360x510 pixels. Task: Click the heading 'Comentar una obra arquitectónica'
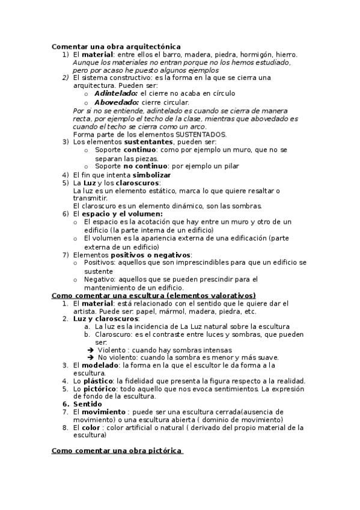(x=116, y=46)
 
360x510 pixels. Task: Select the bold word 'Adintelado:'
(x=115, y=94)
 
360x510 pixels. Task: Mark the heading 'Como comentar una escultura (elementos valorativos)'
(x=154, y=295)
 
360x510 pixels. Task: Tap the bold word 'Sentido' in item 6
(x=87, y=404)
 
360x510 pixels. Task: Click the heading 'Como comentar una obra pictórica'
(x=117, y=450)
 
